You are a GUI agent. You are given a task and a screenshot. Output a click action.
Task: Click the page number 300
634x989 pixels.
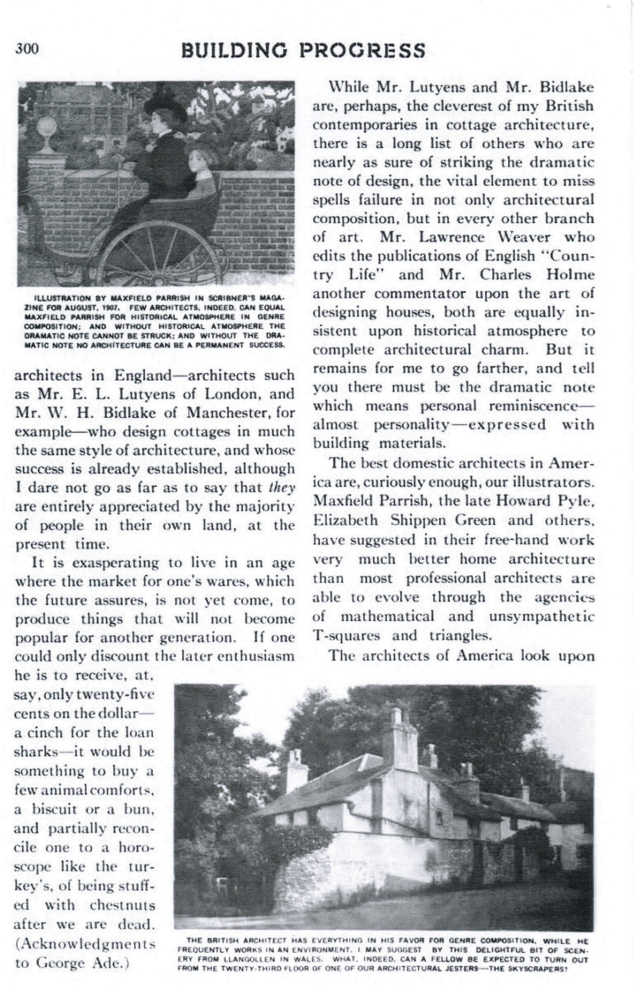[27, 49]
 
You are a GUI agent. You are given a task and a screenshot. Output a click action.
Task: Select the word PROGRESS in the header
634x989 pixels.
[362, 51]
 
